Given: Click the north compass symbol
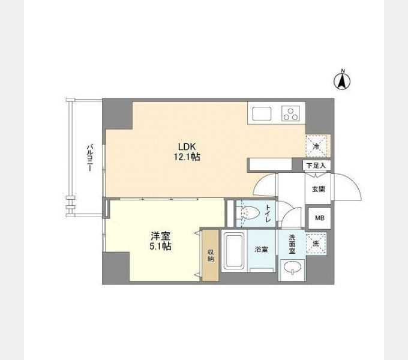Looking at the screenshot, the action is click(342, 80).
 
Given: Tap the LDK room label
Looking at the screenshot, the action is click(187, 146).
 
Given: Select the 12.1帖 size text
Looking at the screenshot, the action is click(187, 157).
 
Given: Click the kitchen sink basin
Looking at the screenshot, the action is click(262, 113).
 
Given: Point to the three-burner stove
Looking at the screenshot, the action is click(290, 113).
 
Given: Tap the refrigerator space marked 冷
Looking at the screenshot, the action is click(316, 146).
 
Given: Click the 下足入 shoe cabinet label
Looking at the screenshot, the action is click(316, 166).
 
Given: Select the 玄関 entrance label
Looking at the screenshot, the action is click(319, 189).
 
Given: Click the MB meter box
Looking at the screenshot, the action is click(320, 218).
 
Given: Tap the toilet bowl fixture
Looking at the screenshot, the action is click(250, 213).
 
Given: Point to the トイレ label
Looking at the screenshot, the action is click(268, 213).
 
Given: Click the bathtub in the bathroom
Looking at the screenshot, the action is click(235, 251).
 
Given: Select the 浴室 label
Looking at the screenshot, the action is click(261, 250).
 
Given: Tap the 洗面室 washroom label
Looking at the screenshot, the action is click(292, 244).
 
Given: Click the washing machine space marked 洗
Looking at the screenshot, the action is click(316, 244).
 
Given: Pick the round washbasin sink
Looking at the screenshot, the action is click(292, 267).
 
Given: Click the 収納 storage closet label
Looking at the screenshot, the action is click(211, 256).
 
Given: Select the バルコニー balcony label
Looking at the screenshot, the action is click(90, 158).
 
